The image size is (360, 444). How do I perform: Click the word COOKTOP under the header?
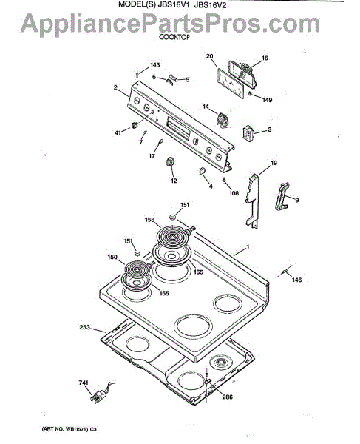(174, 37)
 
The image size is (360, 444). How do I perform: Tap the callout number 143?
(154, 65)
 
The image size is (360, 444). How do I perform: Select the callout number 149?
(267, 100)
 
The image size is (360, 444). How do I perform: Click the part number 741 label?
(84, 383)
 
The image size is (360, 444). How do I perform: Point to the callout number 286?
(227, 397)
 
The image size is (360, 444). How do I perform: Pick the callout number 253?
(84, 327)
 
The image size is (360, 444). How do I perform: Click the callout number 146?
(296, 280)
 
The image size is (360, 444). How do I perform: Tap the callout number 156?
(149, 220)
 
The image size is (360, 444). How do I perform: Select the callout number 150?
(112, 257)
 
